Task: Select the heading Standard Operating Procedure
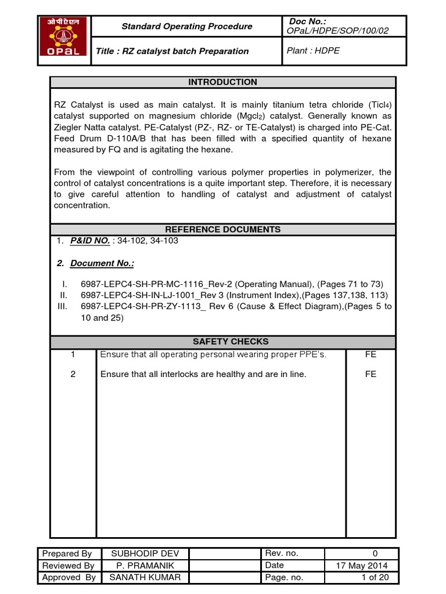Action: (x=186, y=26)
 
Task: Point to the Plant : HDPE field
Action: (x=314, y=50)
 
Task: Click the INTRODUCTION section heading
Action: (x=222, y=82)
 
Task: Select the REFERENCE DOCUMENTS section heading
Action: (x=222, y=229)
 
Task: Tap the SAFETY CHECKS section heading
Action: (x=222, y=342)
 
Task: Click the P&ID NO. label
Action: (x=90, y=241)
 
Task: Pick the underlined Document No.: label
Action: (x=102, y=263)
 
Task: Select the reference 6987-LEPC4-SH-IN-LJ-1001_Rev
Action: (x=152, y=295)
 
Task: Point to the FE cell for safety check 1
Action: (x=371, y=354)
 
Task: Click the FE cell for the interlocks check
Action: (x=371, y=374)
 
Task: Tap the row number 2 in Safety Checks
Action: (x=73, y=374)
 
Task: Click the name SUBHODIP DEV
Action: (x=142, y=553)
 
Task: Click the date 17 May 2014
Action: (x=362, y=566)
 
